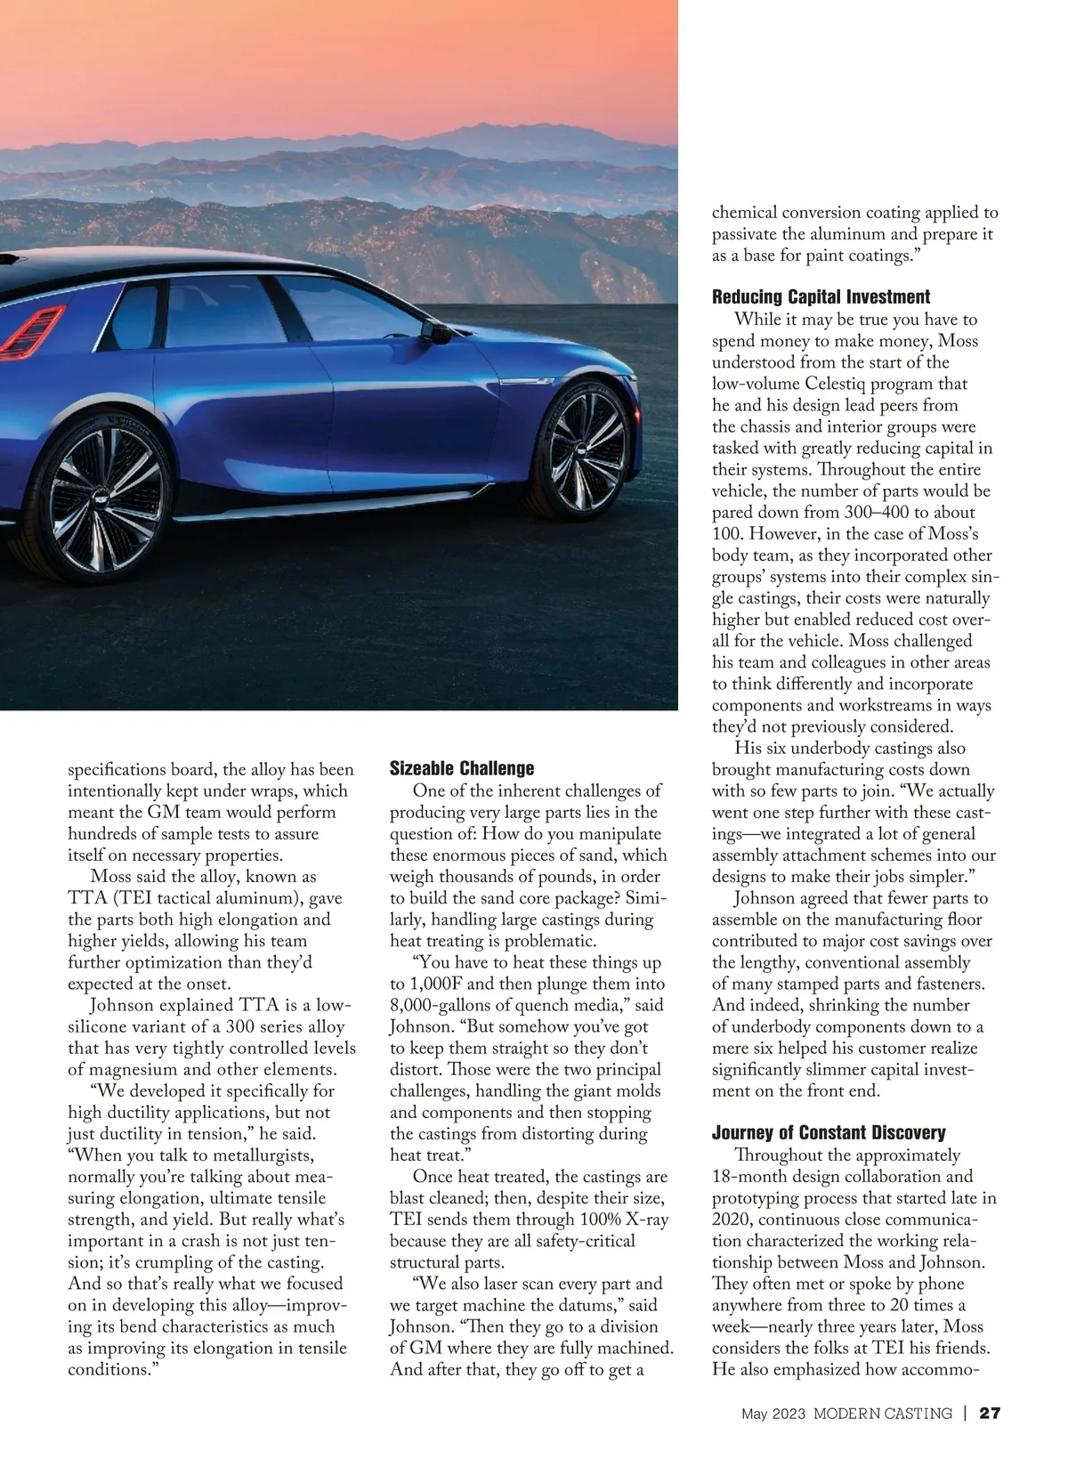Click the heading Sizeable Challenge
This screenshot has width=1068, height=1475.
point(462,768)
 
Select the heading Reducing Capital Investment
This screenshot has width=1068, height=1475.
point(821,297)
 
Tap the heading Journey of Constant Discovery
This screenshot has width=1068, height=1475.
point(828,1133)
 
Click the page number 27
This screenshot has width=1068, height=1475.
point(991,1413)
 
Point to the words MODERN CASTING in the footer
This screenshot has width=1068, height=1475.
point(883,1414)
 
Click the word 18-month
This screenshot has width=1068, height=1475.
point(755,1177)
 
